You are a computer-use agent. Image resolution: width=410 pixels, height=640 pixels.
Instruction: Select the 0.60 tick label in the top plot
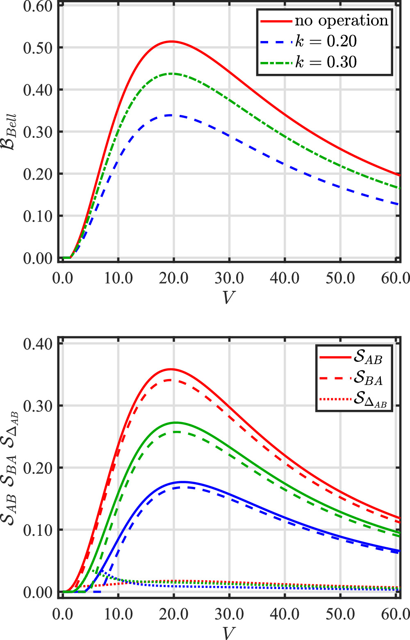tap(38, 6)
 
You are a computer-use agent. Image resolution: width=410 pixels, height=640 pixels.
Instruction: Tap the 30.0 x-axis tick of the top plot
tap(229, 278)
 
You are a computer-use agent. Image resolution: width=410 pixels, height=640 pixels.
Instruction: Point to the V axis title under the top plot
tap(228, 297)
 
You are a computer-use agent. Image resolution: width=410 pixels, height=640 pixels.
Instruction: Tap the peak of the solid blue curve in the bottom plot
tap(182, 482)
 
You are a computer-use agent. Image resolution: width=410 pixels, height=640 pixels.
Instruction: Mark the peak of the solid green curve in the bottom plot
tap(175, 422)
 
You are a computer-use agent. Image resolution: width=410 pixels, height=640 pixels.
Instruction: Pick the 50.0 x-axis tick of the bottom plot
tap(340, 614)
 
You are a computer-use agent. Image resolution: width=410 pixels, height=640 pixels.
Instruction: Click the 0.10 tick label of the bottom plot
tap(38, 530)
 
